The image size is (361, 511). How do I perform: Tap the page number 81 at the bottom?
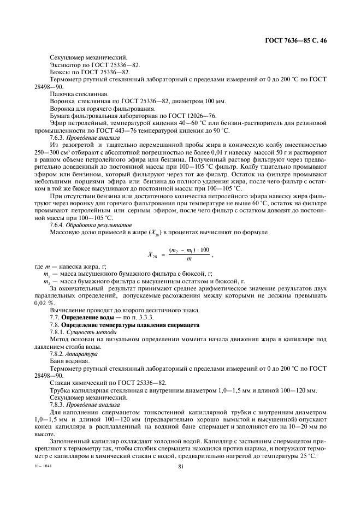(180, 466)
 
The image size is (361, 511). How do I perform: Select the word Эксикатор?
(66, 65)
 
